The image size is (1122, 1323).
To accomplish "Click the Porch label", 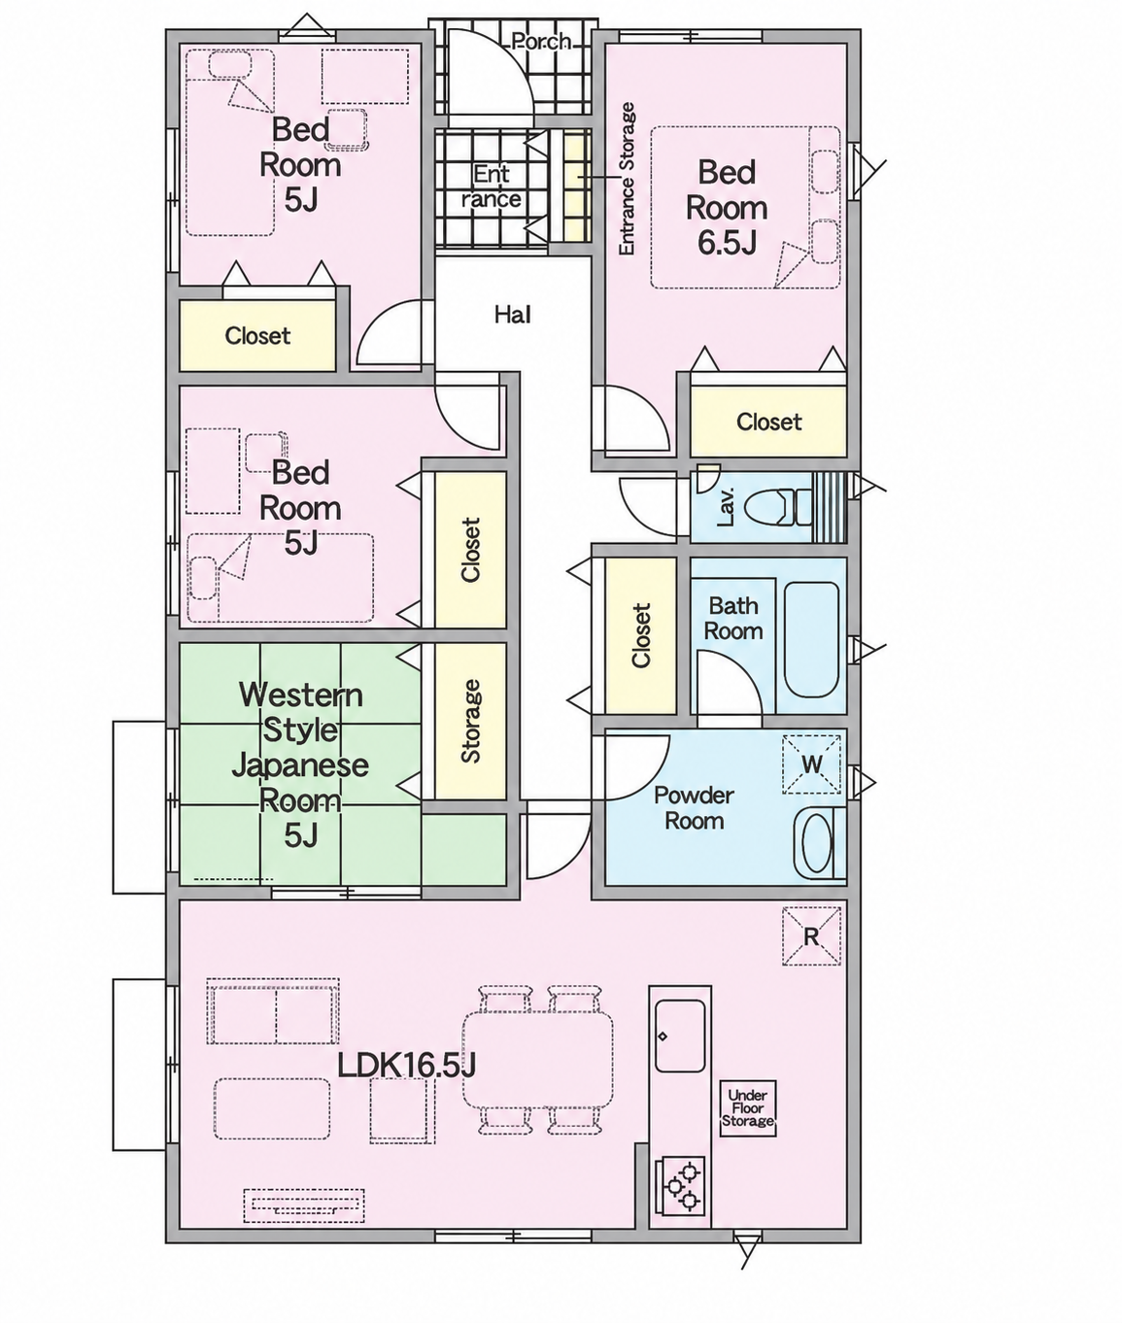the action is point(541,42).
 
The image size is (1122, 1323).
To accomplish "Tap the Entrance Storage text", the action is point(628,179).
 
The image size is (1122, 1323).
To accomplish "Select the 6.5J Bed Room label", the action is point(727,208).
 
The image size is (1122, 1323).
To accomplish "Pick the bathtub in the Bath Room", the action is point(811,639).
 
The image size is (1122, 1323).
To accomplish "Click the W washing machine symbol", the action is point(811,764).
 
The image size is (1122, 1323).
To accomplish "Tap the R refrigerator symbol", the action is point(811,936).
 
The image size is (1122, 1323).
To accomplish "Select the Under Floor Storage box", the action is point(748,1108).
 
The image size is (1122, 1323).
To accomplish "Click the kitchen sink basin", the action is point(680,1036).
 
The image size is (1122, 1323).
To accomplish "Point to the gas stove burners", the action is point(680,1185).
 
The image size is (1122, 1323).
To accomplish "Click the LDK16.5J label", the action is point(406,1067).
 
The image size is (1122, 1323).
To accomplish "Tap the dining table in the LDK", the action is point(537,1060).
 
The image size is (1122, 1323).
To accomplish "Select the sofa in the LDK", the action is point(273,1011).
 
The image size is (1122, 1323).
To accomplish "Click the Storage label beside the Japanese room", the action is point(471,722).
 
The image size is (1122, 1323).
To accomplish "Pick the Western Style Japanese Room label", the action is point(300,764).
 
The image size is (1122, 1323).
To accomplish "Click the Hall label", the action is point(513,315).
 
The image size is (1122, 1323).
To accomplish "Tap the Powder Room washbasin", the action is point(817,843).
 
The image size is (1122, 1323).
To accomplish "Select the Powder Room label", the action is point(694,808).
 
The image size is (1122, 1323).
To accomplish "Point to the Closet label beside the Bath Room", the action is point(641,635).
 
